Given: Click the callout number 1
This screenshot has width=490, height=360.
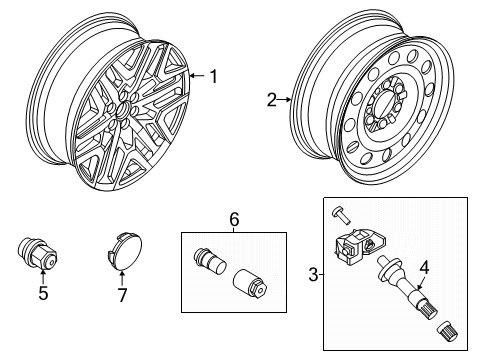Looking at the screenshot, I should click(211, 75).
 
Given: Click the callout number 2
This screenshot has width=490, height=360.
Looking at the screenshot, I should click(271, 99).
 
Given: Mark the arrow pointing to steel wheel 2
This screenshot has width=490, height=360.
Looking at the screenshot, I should click(287, 99).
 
